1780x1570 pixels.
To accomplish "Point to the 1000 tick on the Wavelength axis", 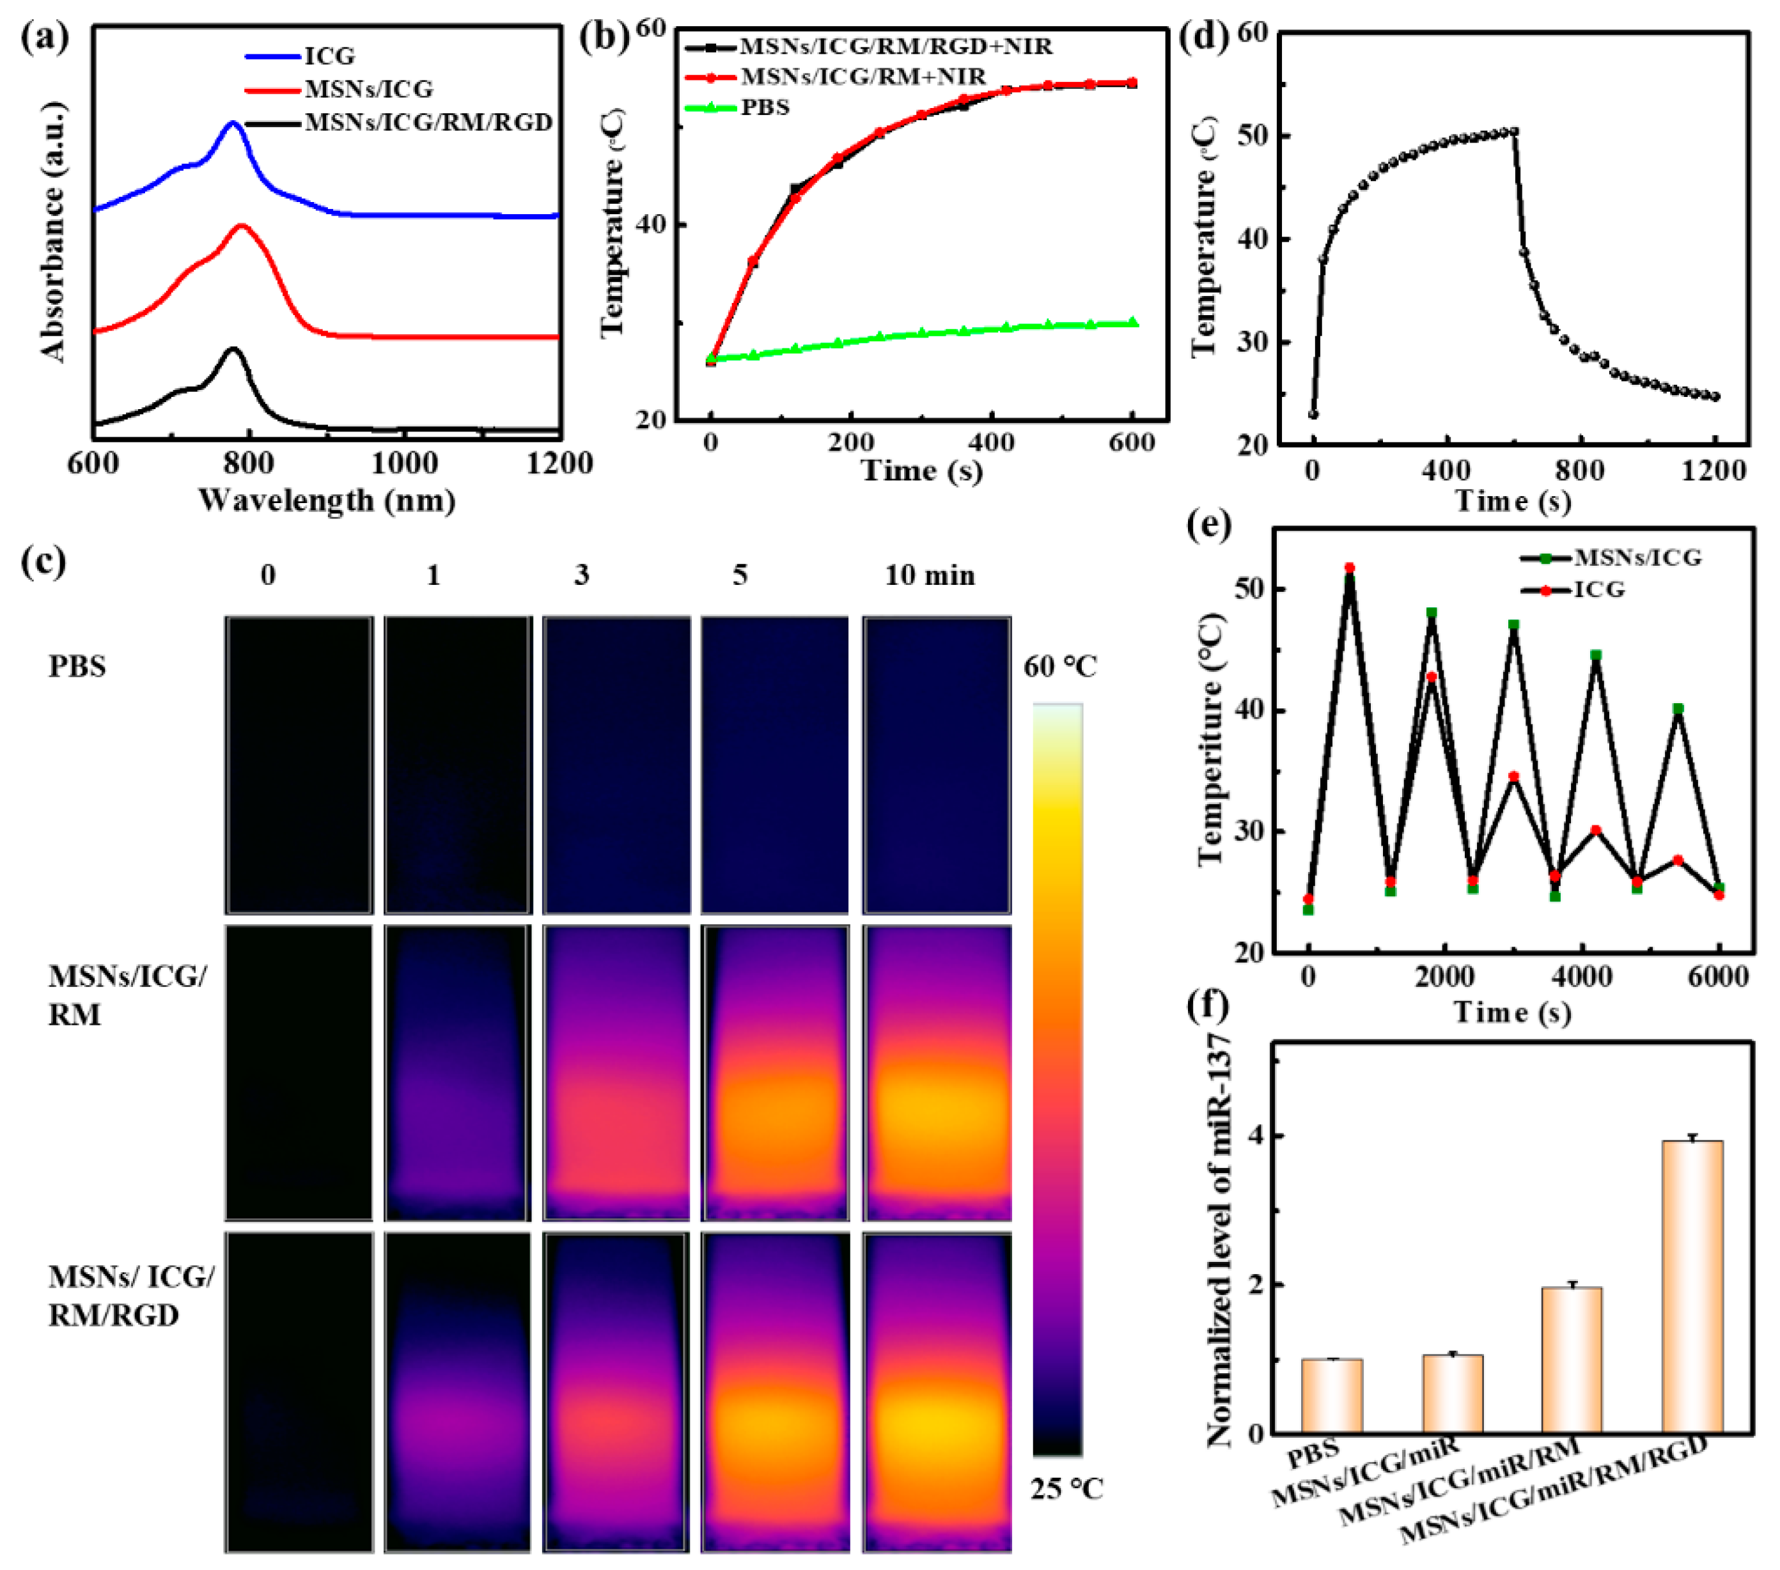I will (x=404, y=462).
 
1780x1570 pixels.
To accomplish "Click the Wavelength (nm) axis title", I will (x=327, y=501).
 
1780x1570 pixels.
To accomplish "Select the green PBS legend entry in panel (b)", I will (x=764, y=108).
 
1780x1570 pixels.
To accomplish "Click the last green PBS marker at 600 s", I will (x=1132, y=322).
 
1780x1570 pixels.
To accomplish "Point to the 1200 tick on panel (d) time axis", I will (x=1713, y=471).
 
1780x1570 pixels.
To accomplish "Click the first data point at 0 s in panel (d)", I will (x=1313, y=414).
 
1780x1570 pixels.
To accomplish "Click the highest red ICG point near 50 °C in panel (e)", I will (x=1350, y=568).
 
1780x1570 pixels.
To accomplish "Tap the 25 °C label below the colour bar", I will (x=1066, y=1489).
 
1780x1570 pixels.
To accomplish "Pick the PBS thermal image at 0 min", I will (x=299, y=765).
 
